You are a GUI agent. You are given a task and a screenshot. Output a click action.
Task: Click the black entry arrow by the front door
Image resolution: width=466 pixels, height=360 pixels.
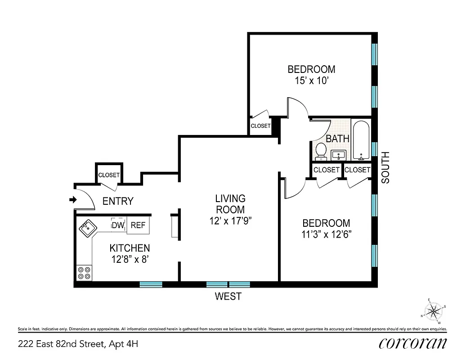click(x=72, y=199)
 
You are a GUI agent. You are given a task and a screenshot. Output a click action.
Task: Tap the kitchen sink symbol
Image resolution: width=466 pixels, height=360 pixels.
click(x=88, y=229)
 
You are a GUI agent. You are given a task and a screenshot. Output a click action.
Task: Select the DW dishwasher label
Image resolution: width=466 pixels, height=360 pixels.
click(x=118, y=225)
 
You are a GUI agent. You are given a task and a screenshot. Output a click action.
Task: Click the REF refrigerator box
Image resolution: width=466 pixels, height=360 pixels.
click(x=138, y=225)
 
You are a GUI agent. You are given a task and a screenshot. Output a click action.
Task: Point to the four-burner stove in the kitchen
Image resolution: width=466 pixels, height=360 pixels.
click(x=84, y=273)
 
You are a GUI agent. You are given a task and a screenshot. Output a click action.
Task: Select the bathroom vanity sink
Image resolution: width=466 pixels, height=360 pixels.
click(x=338, y=156)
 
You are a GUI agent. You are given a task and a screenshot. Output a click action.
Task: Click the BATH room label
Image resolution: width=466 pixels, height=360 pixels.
click(x=337, y=139)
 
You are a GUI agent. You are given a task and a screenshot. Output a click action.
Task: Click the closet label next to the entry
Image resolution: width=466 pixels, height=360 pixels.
click(x=109, y=175)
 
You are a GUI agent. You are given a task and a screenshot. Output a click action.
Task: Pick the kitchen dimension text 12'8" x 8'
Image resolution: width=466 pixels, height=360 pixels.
click(x=130, y=259)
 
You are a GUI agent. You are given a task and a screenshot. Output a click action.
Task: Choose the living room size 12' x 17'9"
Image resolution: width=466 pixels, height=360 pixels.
click(x=230, y=220)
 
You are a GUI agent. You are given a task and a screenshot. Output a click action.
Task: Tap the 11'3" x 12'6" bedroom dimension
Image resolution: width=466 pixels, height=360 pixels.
click(x=326, y=234)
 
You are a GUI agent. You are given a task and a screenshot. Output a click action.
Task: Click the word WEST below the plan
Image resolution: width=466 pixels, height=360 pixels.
click(x=228, y=297)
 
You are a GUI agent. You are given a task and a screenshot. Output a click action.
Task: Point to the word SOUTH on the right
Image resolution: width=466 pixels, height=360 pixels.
click(x=385, y=167)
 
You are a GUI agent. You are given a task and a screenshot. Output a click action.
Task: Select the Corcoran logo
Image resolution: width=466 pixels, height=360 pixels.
click(x=413, y=344)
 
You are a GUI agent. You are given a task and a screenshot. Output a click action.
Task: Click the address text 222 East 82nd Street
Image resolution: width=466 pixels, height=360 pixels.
click(x=78, y=345)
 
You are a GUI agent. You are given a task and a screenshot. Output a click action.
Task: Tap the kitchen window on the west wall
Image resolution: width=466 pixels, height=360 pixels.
click(x=151, y=284)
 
